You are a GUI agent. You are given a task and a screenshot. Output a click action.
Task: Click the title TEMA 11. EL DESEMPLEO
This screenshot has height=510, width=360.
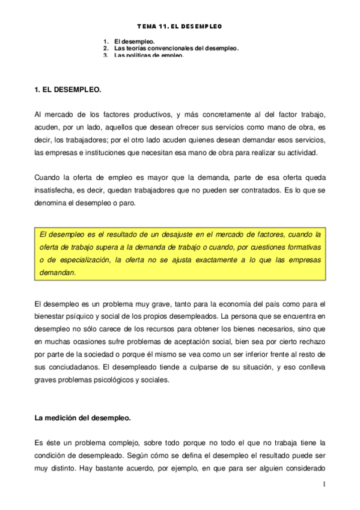point(180,26)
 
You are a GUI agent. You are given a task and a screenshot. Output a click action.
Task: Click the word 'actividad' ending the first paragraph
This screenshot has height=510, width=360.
point(308,152)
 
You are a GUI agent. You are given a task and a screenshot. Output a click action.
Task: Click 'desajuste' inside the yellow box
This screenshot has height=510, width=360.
point(171,234)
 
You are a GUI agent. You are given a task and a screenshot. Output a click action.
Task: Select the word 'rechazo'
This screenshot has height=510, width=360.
point(312,342)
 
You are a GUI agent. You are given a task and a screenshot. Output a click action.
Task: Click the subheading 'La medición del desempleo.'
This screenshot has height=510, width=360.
point(83,417)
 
